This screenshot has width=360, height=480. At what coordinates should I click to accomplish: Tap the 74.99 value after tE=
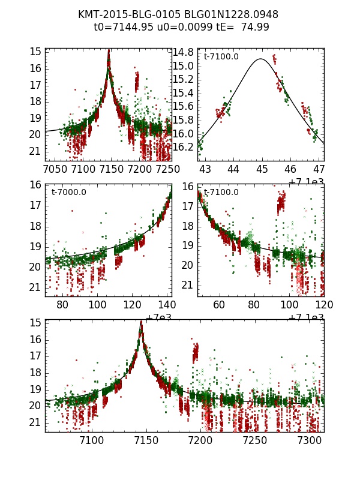pyautogui.click(x=255, y=27)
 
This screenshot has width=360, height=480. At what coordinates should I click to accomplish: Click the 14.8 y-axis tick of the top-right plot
pyautogui.click(x=183, y=52)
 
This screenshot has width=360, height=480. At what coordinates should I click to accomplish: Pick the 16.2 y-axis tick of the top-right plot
pyautogui.click(x=183, y=147)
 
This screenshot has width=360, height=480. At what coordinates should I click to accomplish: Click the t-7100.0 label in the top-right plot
pyautogui.click(x=221, y=57)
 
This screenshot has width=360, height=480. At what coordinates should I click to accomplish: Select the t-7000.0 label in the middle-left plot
pyautogui.click(x=68, y=193)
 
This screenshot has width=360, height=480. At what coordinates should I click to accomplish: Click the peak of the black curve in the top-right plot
pyautogui.click(x=260, y=59)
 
